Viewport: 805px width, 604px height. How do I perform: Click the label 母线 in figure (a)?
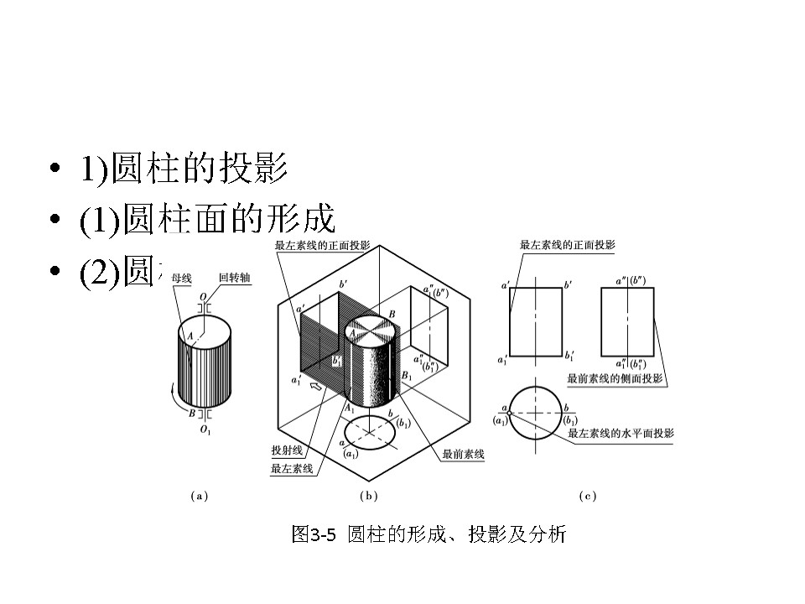(x=181, y=277)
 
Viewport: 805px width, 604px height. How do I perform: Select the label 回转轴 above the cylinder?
(x=231, y=277)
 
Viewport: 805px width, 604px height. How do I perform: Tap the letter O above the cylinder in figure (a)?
(x=203, y=297)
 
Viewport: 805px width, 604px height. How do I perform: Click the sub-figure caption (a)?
(x=199, y=496)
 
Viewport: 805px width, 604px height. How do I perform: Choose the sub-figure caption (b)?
(x=368, y=496)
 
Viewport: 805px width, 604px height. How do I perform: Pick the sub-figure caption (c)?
(x=588, y=496)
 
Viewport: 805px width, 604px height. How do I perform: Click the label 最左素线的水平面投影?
(x=621, y=434)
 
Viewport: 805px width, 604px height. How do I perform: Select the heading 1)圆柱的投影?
(x=184, y=170)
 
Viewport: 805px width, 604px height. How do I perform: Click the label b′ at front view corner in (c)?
(x=569, y=286)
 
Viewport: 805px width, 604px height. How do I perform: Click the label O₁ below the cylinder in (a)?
(x=204, y=430)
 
